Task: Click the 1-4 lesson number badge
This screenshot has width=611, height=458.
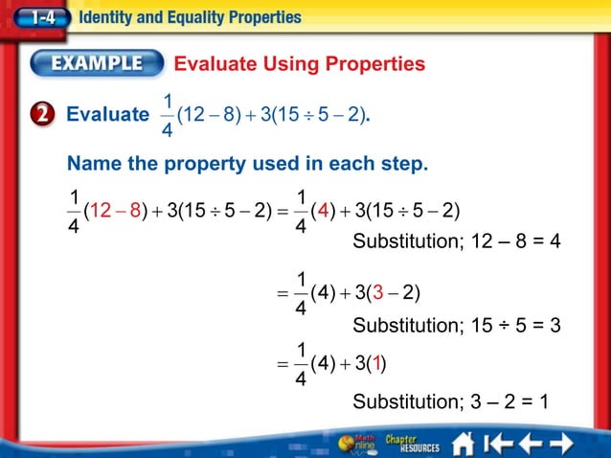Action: pos(41,17)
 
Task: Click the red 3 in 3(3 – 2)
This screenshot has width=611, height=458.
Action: pos(380,291)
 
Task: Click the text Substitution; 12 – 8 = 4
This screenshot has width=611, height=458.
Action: pos(456,240)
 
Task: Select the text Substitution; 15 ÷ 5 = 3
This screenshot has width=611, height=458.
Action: pos(456,326)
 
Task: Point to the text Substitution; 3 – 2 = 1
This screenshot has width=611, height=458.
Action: pos(450,401)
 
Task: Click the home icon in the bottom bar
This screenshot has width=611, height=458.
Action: pos(464,444)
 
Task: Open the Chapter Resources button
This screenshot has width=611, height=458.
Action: pos(412,444)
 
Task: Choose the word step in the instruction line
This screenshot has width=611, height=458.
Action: pos(399,164)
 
